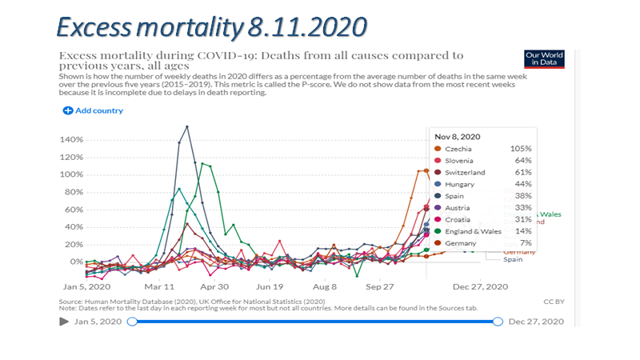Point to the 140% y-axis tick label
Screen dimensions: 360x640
[71, 140]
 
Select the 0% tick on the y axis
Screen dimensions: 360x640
[77, 262]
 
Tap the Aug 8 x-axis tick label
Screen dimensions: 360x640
[325, 286]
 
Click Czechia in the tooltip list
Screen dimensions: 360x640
[462, 149]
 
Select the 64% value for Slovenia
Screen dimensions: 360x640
[521, 161]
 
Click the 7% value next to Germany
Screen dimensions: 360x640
[524, 243]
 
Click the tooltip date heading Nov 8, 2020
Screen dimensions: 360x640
[458, 135]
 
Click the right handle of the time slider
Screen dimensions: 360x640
[498, 321]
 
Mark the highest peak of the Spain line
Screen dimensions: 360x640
[187, 126]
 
